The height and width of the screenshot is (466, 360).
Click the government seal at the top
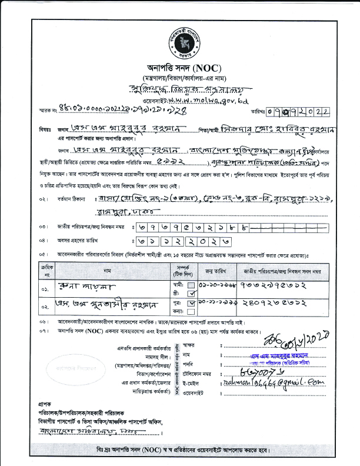coord(181,37)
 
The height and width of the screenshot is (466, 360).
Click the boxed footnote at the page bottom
coord(181,450)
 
